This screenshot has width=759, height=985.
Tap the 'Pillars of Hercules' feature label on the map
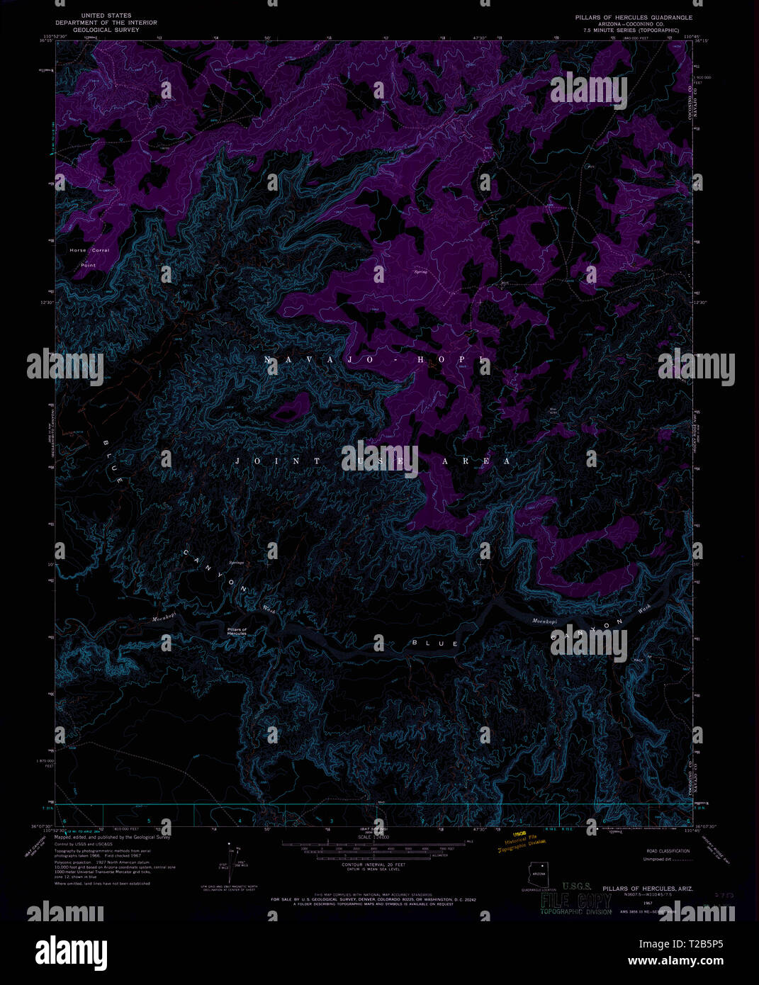coord(237,631)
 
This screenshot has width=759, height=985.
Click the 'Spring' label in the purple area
coord(421,271)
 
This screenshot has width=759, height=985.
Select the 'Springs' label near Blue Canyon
coord(236,563)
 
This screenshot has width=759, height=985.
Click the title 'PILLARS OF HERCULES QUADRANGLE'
coord(634,17)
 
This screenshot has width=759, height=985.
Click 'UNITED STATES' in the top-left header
coord(106,15)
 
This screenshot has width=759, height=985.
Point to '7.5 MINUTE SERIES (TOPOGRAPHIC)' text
coord(631,30)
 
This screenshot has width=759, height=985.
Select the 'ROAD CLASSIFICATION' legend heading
coord(668,851)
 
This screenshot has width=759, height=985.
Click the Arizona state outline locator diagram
coord(537,874)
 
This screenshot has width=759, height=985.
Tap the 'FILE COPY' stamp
coord(575,901)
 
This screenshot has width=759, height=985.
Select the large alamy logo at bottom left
coord(71,952)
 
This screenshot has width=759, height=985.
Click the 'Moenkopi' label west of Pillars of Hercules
coord(164,619)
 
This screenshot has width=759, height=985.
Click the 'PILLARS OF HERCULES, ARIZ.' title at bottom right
coord(648,889)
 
